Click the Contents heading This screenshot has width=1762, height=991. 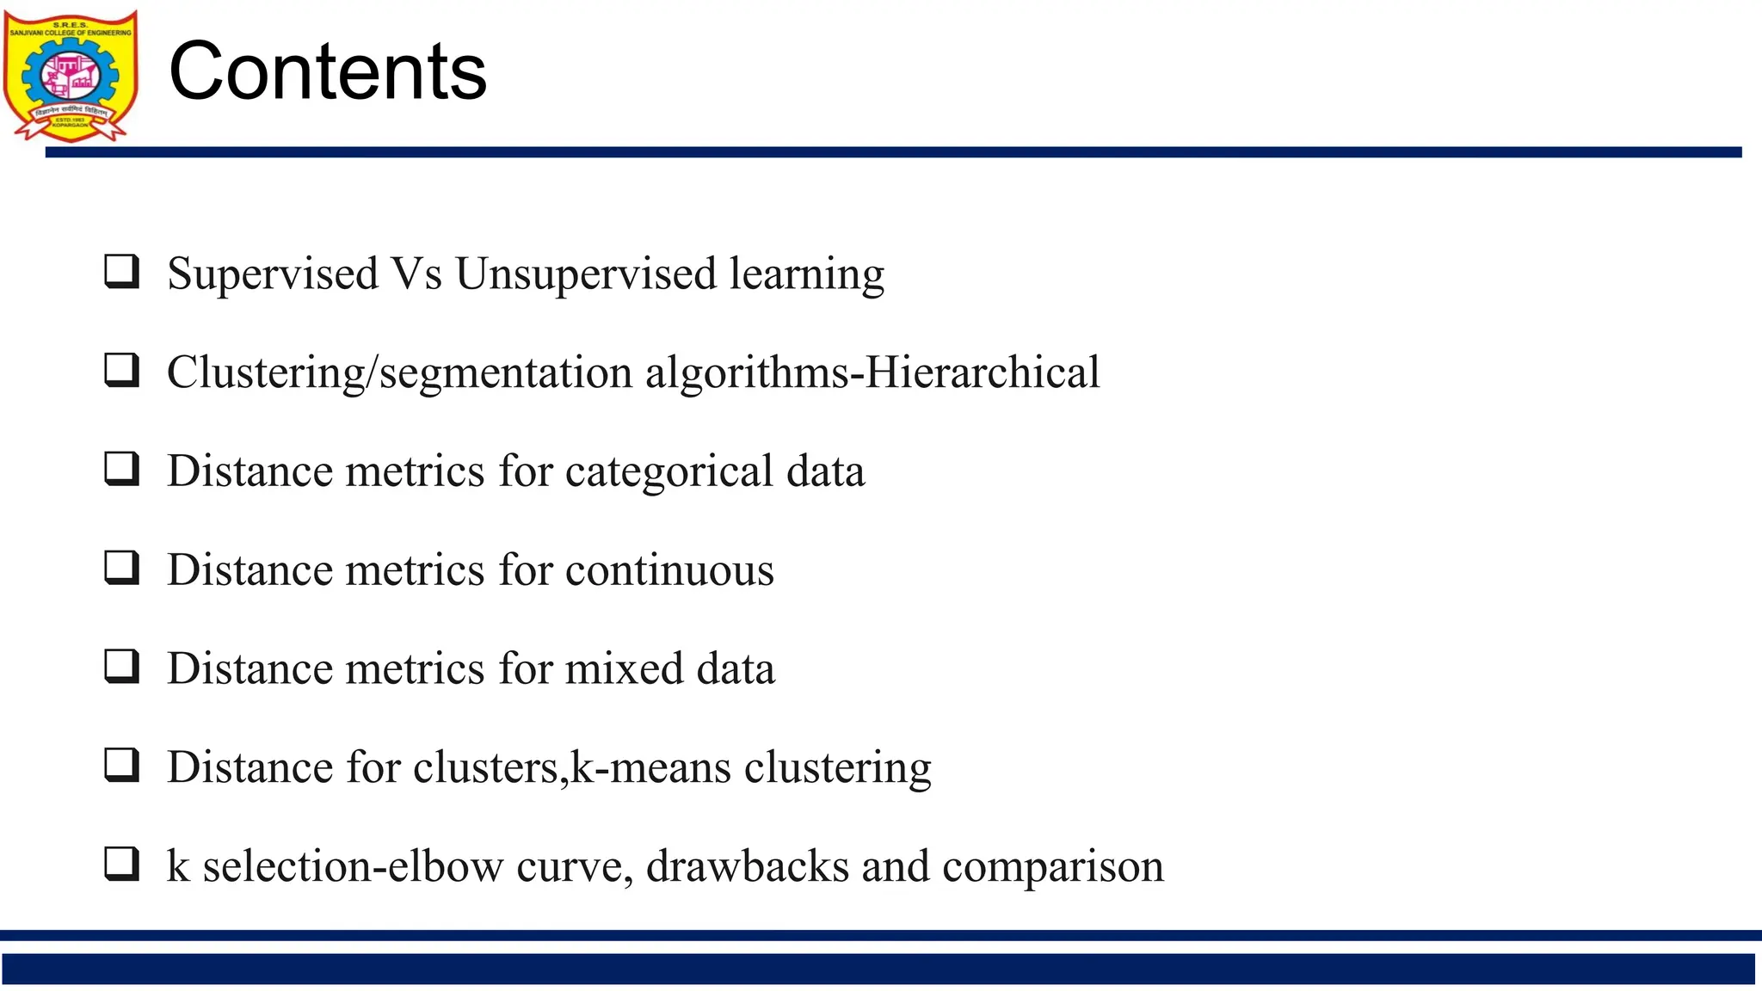pyautogui.click(x=328, y=71)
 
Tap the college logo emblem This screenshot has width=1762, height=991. pyautogui.click(x=71, y=76)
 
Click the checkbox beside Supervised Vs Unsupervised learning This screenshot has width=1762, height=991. pyautogui.click(x=121, y=271)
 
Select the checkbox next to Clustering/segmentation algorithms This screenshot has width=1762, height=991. pyautogui.click(x=121, y=370)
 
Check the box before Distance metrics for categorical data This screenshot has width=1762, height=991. pyautogui.click(x=121, y=469)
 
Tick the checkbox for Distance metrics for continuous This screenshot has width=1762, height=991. pyautogui.click(x=121, y=568)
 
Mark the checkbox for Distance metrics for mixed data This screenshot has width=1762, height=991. pyautogui.click(x=121, y=667)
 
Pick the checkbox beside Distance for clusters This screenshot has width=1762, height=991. pyautogui.click(x=121, y=765)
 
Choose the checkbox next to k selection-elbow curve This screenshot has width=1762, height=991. pyautogui.click(x=121, y=864)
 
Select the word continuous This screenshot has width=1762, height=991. pyautogui.click(x=668, y=570)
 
